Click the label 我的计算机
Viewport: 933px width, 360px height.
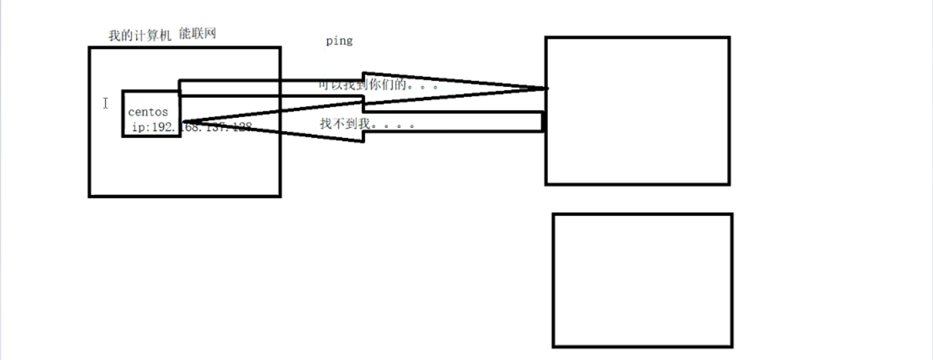tap(140, 36)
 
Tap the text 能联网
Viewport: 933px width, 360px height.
tap(197, 34)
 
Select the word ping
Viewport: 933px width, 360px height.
tap(339, 42)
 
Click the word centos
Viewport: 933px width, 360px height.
tap(148, 112)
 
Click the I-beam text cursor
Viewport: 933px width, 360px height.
tap(105, 103)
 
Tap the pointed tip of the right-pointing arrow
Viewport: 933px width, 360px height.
tap(546, 88)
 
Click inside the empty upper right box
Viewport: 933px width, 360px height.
tap(637, 111)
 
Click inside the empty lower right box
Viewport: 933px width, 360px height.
tap(642, 280)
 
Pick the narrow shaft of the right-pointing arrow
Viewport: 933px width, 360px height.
tap(268, 88)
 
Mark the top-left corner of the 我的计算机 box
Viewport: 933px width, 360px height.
tap(90, 48)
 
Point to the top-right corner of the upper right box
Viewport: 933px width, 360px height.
tap(728, 38)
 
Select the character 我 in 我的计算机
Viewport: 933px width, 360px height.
tap(114, 36)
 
